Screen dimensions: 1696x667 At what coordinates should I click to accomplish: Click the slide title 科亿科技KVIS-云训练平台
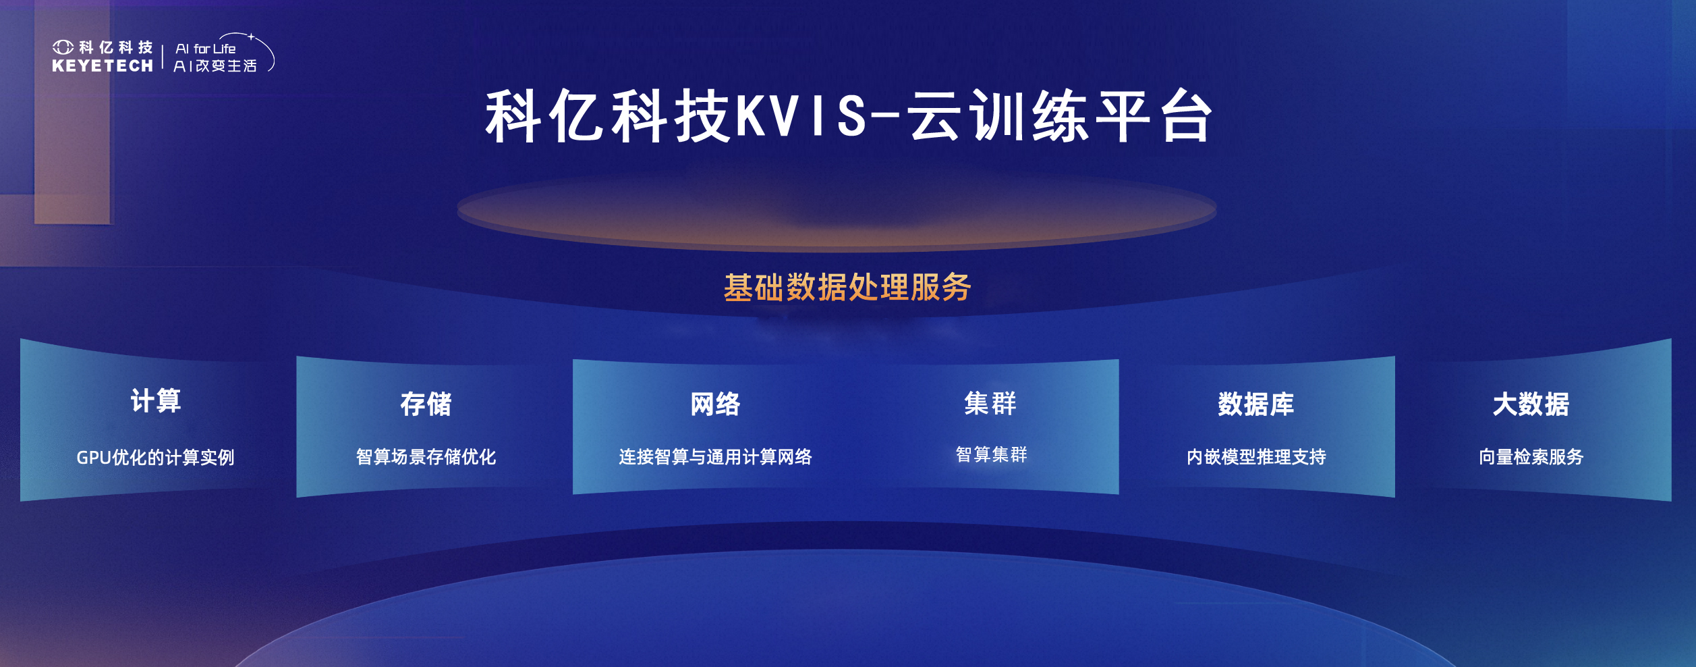(849, 117)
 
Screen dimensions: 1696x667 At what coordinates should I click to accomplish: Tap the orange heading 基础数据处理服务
(847, 288)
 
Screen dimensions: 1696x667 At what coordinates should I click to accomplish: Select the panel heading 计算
(156, 401)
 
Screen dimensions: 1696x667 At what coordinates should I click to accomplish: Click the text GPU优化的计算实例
(155, 457)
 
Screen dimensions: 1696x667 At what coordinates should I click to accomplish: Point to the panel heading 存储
(426, 404)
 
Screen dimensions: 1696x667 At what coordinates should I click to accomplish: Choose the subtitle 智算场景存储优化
(426, 457)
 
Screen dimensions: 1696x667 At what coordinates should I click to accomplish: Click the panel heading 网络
(715, 404)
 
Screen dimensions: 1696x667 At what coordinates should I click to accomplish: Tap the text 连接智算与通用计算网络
(715, 457)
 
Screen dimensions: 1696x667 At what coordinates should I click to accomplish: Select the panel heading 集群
(990, 404)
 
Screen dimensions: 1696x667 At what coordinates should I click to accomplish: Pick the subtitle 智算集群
(991, 454)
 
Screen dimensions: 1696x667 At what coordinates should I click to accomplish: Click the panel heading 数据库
(1256, 404)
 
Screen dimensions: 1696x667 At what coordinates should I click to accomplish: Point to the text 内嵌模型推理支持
(1256, 457)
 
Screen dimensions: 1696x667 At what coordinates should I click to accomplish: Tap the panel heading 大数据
(1531, 404)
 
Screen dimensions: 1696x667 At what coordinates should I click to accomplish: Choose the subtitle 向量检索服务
(1531, 457)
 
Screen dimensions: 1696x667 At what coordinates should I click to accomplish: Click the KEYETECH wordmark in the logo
(103, 65)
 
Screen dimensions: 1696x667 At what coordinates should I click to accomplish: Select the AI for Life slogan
(206, 49)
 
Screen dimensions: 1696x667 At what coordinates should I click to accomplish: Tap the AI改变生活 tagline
(215, 65)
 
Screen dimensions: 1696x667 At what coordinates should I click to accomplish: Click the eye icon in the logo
(63, 47)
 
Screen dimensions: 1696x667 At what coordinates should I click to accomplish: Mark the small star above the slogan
(251, 36)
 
